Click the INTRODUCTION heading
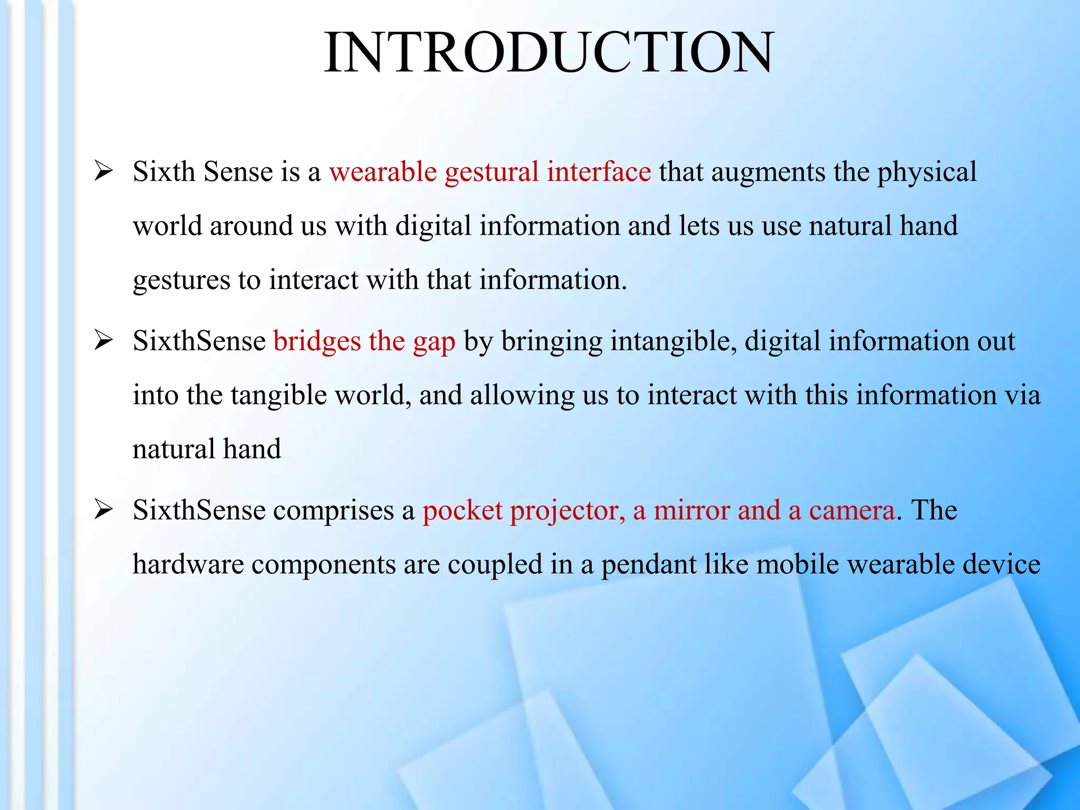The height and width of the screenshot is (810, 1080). point(549,53)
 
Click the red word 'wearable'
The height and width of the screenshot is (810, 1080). point(383,172)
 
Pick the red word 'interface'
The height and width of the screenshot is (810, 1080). point(599,172)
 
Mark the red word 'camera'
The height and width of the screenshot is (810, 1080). point(852,510)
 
